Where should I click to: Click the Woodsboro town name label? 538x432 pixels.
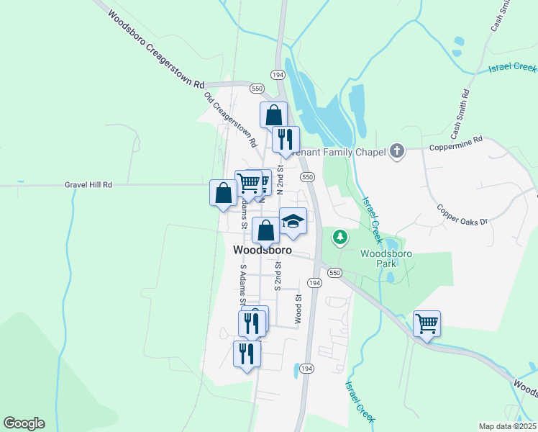tap(263, 251)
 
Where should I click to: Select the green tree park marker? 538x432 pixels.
tap(339, 236)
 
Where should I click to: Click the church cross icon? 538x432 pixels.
tap(397, 151)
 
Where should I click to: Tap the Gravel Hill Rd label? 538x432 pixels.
tap(88, 184)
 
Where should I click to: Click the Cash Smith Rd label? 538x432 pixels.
tap(460, 114)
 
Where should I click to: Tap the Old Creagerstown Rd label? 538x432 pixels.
tap(230, 120)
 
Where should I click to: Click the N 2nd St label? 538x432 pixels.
tap(281, 179)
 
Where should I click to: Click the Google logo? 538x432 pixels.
tap(24, 423)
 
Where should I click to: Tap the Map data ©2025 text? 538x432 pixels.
tap(507, 426)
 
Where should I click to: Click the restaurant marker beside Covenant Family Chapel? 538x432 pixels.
tap(286, 139)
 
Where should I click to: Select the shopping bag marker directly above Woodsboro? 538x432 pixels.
tap(266, 232)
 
